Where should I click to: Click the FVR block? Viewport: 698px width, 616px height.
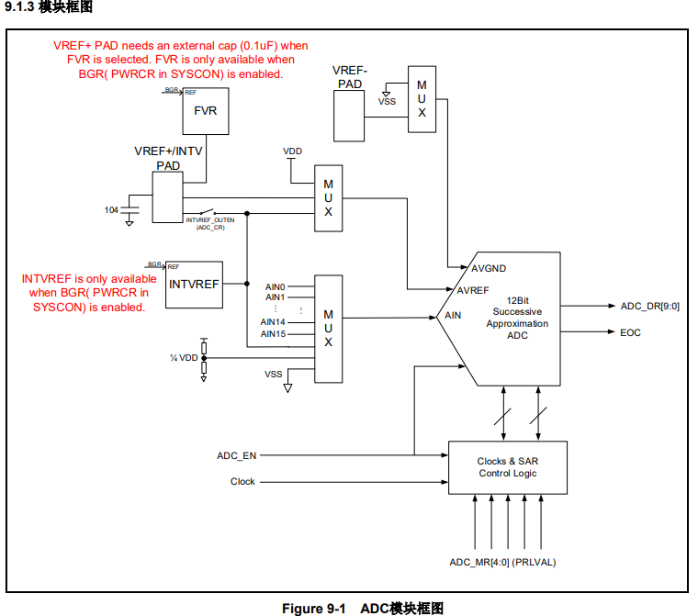[206, 111]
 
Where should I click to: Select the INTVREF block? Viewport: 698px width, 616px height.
[194, 284]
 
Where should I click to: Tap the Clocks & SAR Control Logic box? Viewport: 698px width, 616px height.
[508, 467]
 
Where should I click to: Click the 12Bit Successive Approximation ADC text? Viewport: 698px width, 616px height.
[517, 318]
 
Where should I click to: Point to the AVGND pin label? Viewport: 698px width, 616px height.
[489, 269]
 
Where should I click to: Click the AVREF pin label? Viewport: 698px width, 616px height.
[474, 290]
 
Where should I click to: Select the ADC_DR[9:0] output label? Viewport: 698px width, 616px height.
[649, 306]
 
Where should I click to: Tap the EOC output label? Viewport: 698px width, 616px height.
[630, 332]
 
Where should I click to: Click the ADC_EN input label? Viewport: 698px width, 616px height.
[237, 455]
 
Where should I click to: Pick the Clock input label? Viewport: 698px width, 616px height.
[242, 481]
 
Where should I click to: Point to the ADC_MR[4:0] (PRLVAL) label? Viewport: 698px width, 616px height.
[502, 562]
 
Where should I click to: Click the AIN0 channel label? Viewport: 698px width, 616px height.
[276, 286]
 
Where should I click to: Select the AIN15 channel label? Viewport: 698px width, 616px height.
[274, 333]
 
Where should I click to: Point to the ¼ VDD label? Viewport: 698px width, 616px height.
[184, 357]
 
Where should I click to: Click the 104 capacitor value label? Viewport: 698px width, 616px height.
[111, 210]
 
